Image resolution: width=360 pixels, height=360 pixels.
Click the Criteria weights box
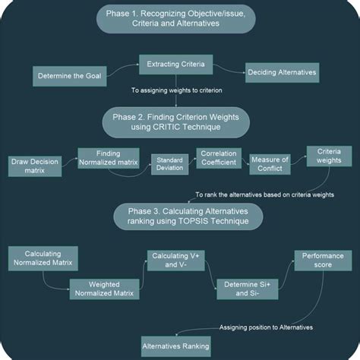tap(324, 156)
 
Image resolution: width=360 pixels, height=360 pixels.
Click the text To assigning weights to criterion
tap(176, 91)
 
